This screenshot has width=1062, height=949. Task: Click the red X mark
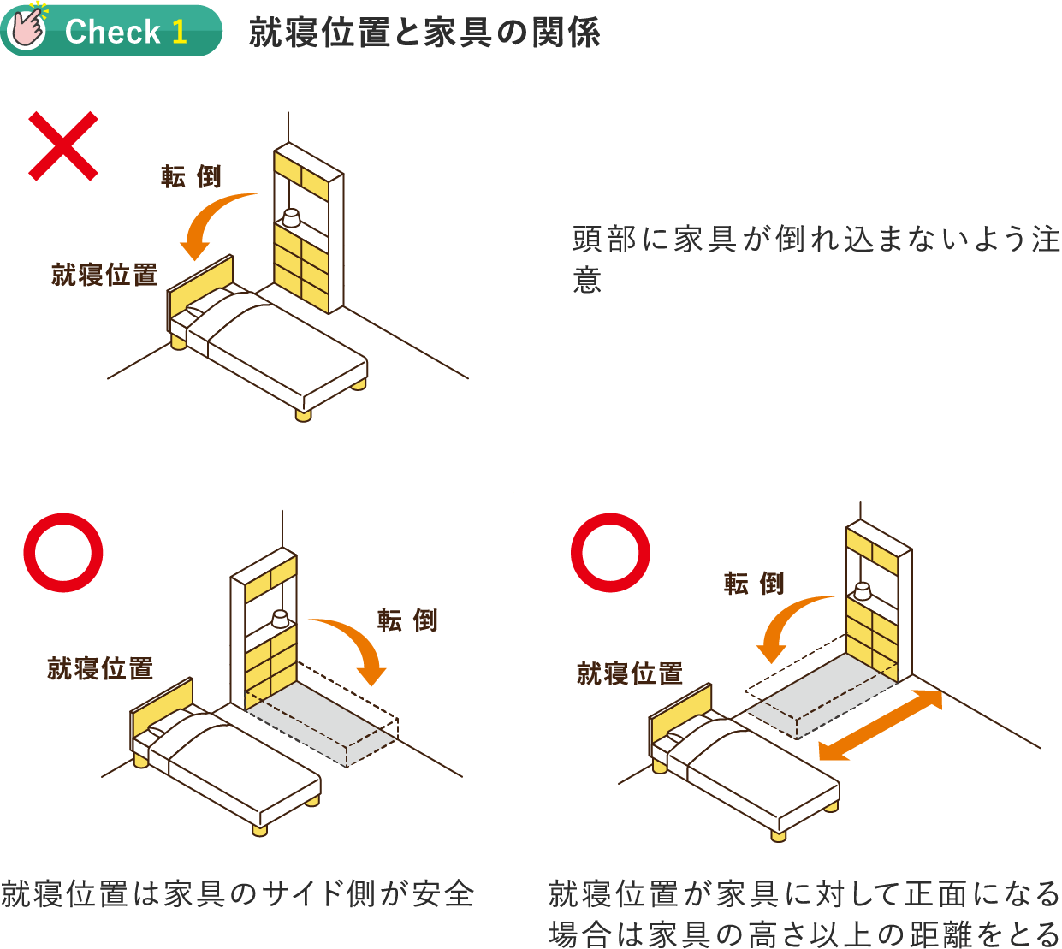point(63,146)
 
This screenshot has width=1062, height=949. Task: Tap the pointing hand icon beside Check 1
point(27,29)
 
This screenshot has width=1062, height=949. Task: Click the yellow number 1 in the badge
point(179,32)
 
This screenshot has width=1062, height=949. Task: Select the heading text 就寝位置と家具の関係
point(424,33)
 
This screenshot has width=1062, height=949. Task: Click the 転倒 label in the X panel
point(191,176)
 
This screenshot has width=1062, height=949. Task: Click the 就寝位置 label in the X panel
point(104,275)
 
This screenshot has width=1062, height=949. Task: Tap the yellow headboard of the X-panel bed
point(200,287)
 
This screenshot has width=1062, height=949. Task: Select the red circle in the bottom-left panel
point(63,552)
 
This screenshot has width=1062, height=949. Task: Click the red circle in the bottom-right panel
point(610,552)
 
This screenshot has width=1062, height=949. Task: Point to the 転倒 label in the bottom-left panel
point(407,620)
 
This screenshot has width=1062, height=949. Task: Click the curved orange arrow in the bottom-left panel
point(355,646)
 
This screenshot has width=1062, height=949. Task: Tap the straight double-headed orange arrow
point(881,725)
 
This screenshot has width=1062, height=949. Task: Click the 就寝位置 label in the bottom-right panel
point(630,673)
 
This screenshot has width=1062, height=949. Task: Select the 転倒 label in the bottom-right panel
point(754,584)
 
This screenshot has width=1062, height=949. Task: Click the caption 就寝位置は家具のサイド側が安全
point(237,893)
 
